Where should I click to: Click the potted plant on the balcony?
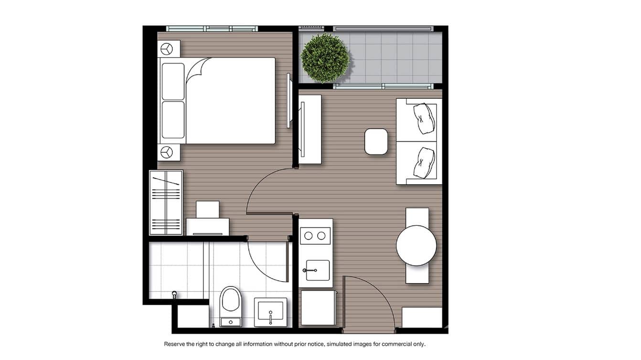click(325, 58)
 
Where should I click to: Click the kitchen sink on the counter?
click(317, 271)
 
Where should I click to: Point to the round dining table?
click(416, 245)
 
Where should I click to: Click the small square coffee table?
click(376, 142)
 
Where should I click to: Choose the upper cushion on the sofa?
click(425, 118)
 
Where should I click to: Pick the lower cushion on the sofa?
click(425, 163)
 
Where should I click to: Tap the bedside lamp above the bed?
click(167, 49)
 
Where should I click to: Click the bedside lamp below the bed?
click(167, 152)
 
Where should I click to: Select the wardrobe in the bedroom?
click(166, 202)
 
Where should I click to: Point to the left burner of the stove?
click(309, 235)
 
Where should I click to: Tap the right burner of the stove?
click(322, 235)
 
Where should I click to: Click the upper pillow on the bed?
click(173, 81)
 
